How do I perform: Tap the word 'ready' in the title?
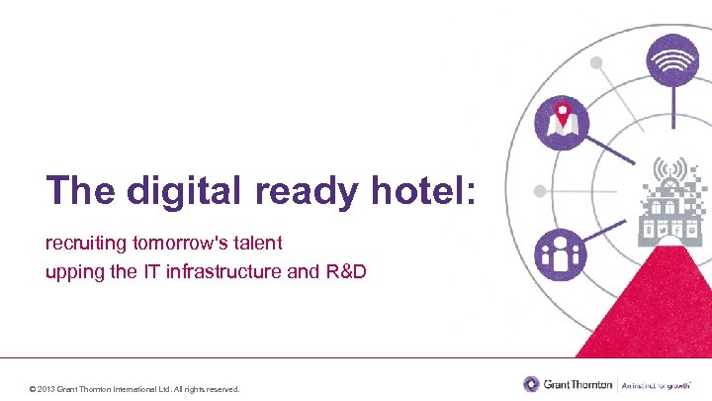[294, 192]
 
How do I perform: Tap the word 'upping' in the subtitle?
[70, 270]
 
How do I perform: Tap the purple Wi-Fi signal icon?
[672, 60]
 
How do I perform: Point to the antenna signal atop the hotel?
[668, 170]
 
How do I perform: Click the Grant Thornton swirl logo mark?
[532, 383]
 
